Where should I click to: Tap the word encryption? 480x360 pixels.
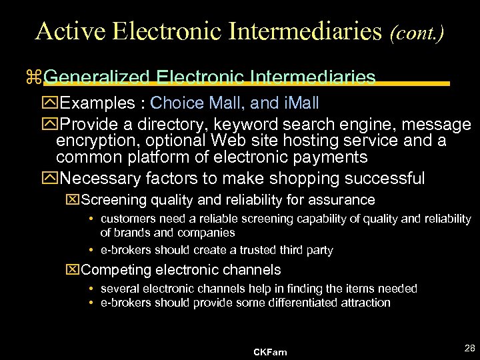click(x=93, y=141)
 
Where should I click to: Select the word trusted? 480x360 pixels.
click(x=251, y=250)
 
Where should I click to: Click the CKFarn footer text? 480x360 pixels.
click(x=270, y=351)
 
